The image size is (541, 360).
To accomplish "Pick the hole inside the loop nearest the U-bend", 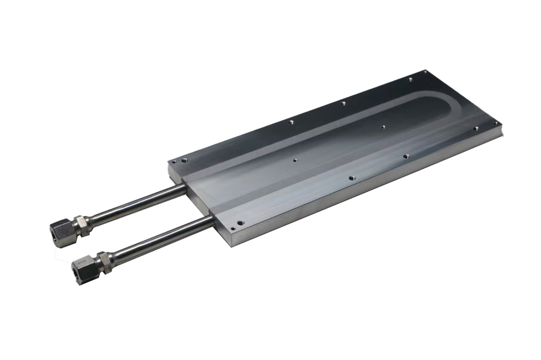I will pos(383,127).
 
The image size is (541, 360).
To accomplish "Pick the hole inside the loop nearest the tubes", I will pos(294,159).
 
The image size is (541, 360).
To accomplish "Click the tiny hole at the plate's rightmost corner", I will pos(495,122).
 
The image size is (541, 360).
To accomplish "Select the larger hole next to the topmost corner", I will pos(410,80).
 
